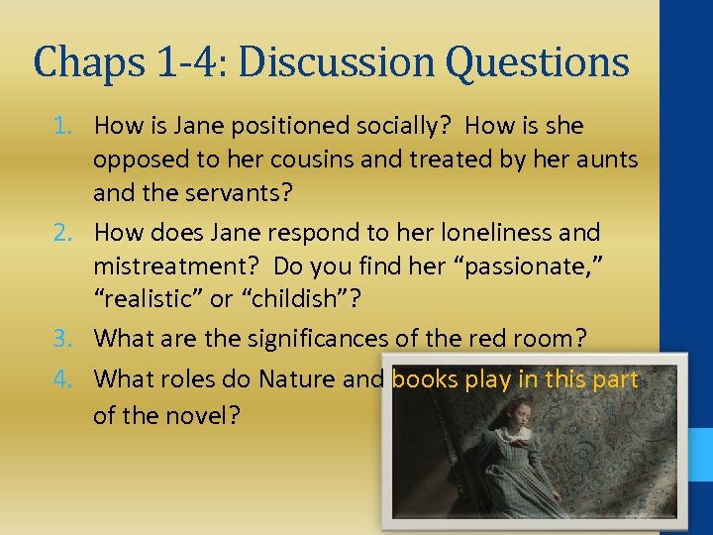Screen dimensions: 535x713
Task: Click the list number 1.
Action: click(x=63, y=127)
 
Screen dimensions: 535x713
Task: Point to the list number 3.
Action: click(x=63, y=339)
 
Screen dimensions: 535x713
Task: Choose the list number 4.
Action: click(x=63, y=379)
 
